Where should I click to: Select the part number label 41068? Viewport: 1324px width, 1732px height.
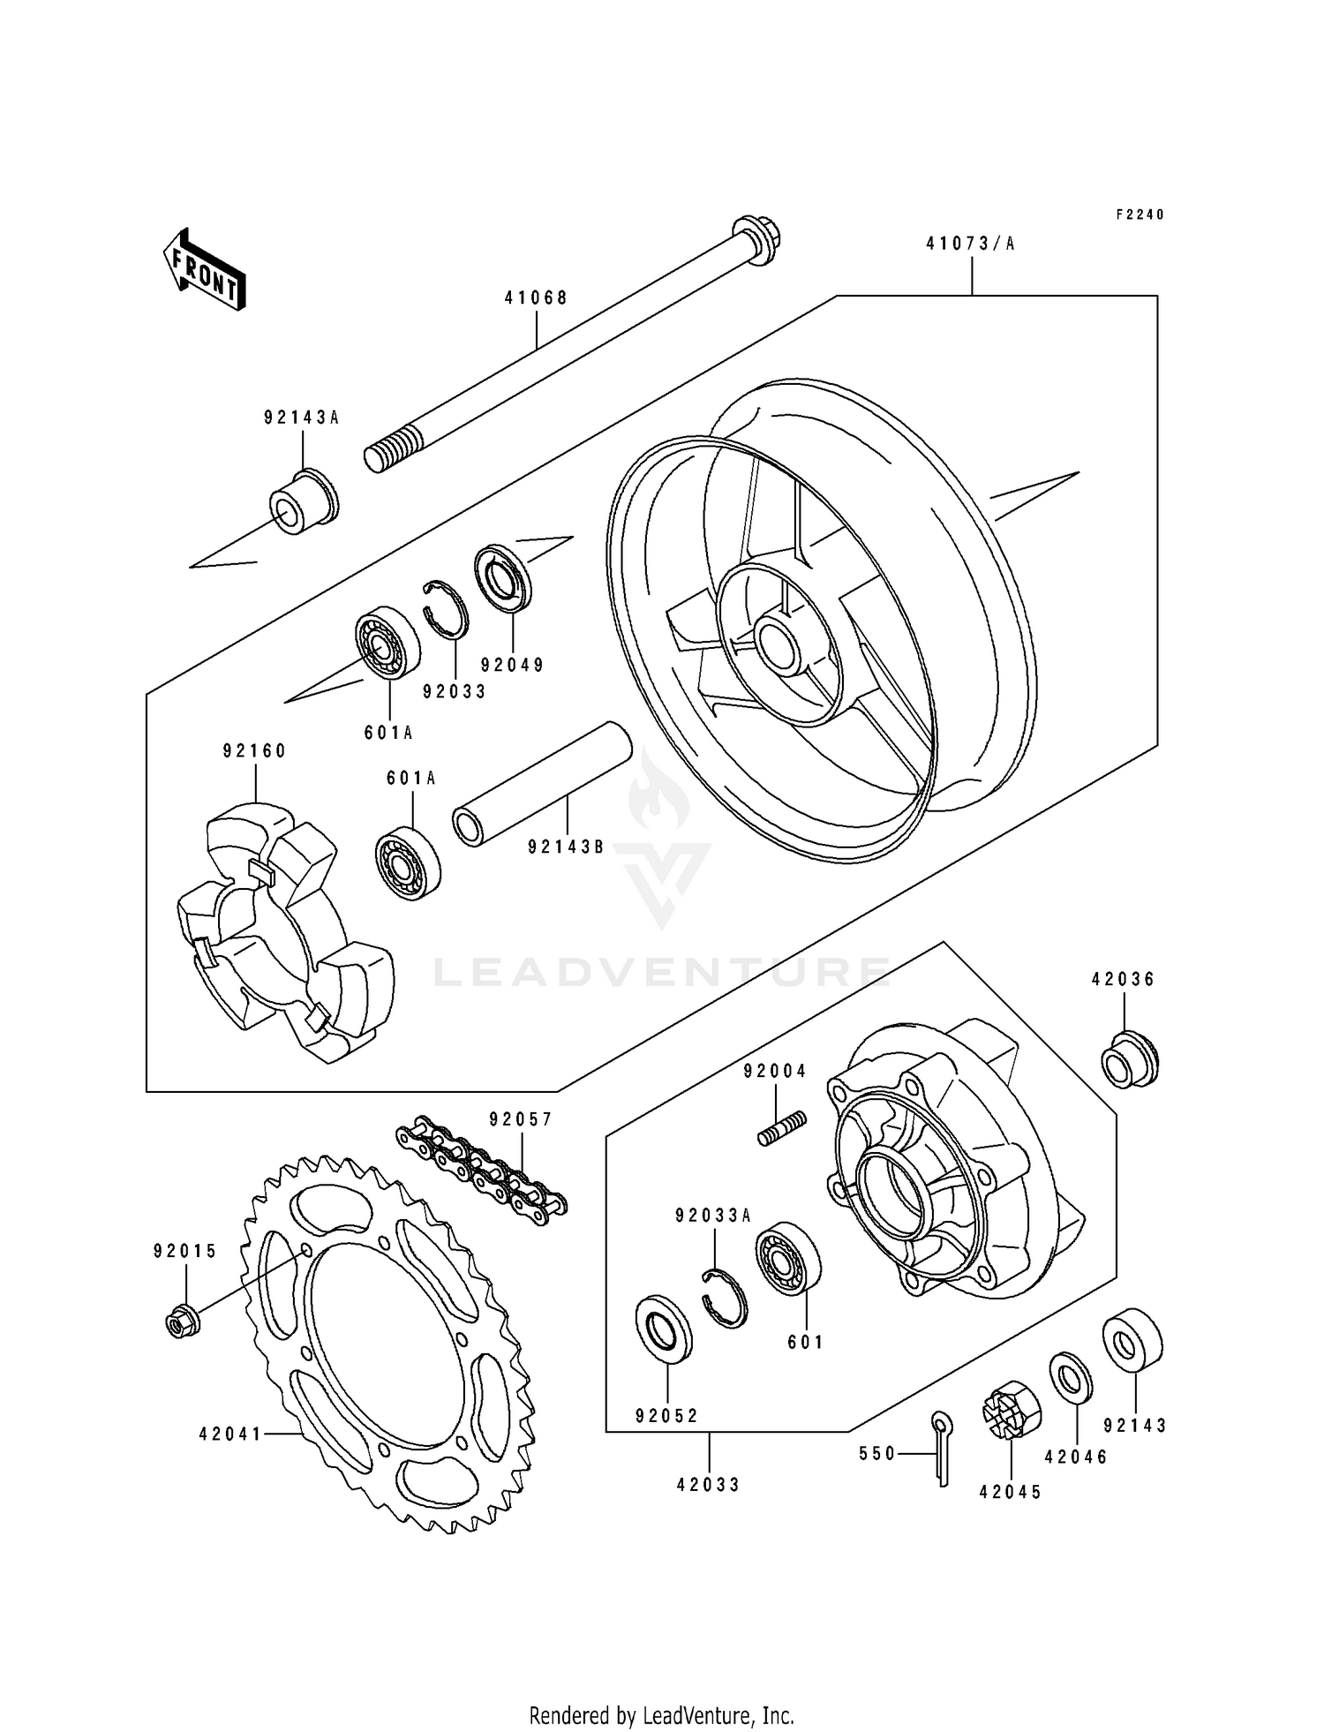(536, 298)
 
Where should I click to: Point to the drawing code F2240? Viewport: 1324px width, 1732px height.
(1140, 215)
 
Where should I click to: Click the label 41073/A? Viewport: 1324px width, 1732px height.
(970, 244)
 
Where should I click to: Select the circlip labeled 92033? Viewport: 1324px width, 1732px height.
(446, 608)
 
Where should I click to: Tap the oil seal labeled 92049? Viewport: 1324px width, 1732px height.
(503, 579)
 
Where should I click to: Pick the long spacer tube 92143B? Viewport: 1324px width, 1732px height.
(542, 785)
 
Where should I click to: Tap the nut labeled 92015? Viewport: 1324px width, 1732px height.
(183, 1321)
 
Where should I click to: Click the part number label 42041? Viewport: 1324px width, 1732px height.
(230, 1435)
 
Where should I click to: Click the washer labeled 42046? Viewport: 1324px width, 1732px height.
(1071, 1378)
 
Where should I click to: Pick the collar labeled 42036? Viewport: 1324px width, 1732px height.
(1129, 1059)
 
